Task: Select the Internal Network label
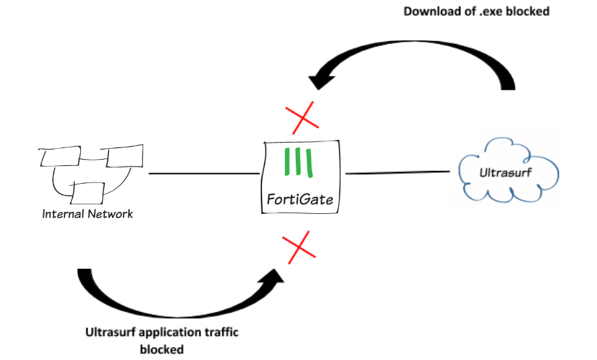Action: coord(88,214)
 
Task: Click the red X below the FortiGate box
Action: coord(299,248)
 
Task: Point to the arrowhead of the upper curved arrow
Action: coord(319,80)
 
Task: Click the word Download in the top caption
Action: coord(430,11)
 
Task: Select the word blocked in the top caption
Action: coord(527,11)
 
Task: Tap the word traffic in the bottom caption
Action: coord(218,333)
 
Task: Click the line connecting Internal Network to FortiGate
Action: coord(203,173)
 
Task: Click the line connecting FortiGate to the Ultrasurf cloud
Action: coord(399,173)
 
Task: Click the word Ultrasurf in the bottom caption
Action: coord(110,333)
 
